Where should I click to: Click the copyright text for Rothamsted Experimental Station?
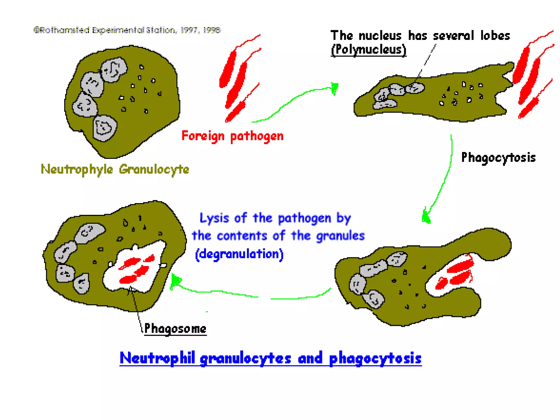coord(127,30)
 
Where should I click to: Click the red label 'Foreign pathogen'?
coord(232,136)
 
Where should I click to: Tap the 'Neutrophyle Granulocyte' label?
coord(115,170)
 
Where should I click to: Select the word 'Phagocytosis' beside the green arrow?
coord(498,158)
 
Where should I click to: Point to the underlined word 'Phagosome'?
coord(175,328)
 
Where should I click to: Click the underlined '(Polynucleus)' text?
coord(368,50)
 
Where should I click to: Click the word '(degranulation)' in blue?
coord(239,254)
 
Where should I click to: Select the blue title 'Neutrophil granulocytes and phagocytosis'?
coord(270,358)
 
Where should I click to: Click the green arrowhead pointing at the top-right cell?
coord(334,88)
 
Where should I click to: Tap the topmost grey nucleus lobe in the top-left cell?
coord(114,69)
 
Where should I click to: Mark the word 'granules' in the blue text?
coord(340,236)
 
